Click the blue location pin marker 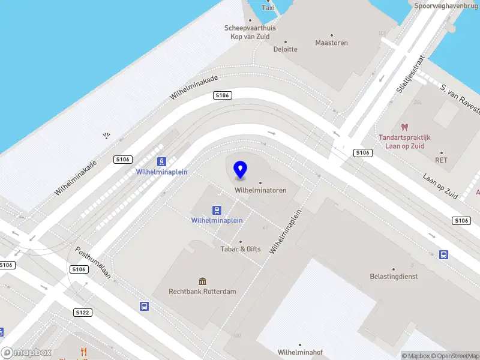241,170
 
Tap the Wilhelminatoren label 260,190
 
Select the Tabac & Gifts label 241,248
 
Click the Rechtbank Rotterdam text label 203,292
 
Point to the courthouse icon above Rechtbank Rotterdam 203,281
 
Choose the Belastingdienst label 394,277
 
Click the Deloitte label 286,49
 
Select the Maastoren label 332,43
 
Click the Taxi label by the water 269,8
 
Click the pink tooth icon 404,127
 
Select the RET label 442,160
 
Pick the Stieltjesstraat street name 410,76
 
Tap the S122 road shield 82,313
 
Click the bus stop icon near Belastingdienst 444,254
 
